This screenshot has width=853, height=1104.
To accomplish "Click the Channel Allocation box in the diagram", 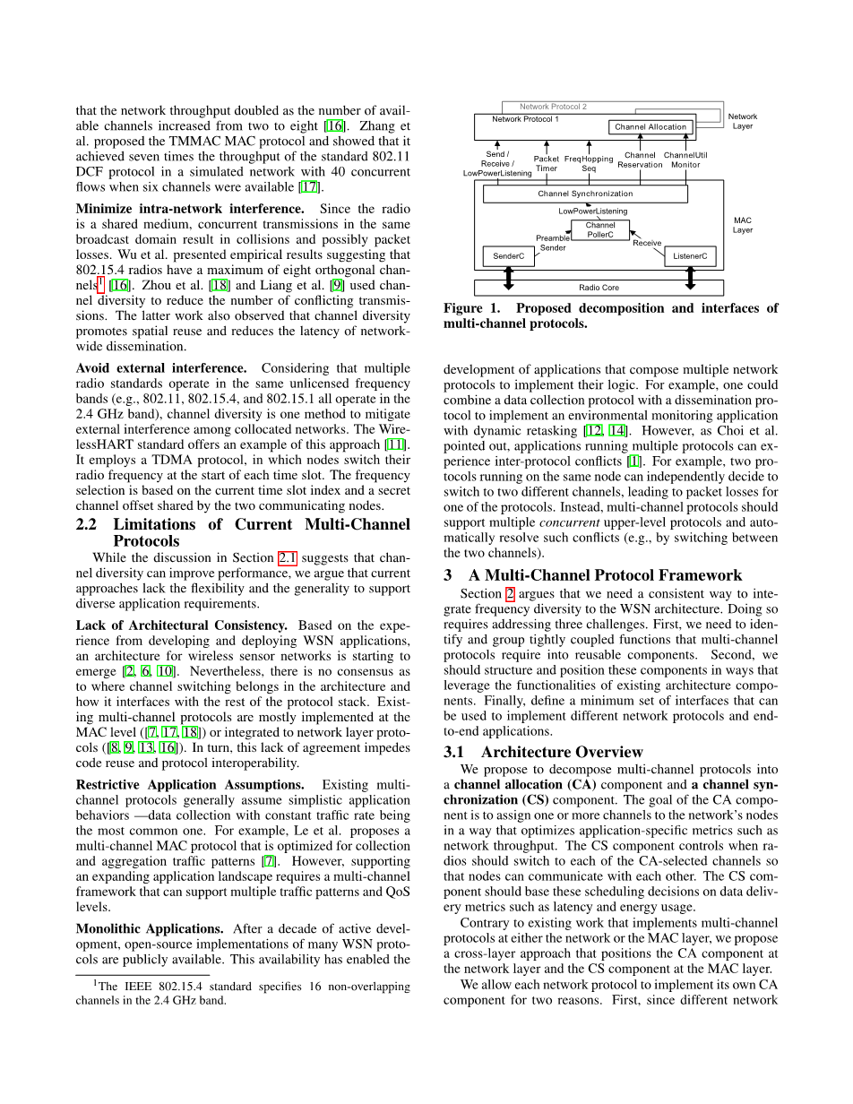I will (x=651, y=127).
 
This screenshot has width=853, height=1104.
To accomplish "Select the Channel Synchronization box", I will (x=585, y=194).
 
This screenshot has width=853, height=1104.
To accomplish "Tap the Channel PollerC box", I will (x=600, y=230).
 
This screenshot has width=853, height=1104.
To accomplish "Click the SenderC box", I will (x=509, y=257).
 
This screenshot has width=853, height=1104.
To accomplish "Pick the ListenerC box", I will (x=690, y=257).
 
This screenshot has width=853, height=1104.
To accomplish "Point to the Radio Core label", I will (x=599, y=288).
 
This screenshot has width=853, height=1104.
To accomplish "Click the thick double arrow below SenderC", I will (x=509, y=279).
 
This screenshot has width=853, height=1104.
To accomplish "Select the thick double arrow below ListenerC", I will (x=690, y=279).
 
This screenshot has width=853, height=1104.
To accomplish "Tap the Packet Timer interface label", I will (x=547, y=163).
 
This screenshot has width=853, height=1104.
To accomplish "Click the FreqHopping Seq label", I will (x=589, y=163).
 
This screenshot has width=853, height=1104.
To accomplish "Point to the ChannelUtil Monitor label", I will (x=685, y=160).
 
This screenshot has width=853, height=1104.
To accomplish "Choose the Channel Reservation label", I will (x=640, y=160).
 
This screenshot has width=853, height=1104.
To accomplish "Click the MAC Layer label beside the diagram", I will (x=743, y=224).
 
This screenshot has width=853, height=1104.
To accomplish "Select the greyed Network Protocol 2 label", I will (x=553, y=107).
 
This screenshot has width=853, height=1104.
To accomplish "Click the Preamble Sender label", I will (x=553, y=243).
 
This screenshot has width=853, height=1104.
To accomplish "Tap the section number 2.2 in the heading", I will (x=91, y=524).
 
